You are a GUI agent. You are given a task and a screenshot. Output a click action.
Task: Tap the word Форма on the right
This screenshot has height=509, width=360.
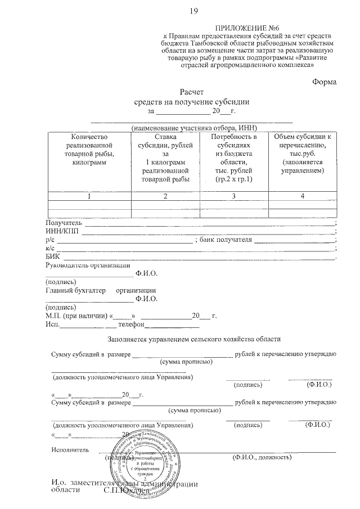point(325,82)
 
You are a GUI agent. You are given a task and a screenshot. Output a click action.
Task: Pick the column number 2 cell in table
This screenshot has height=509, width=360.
point(165,196)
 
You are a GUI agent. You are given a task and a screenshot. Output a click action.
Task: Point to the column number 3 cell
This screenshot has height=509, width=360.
point(234,196)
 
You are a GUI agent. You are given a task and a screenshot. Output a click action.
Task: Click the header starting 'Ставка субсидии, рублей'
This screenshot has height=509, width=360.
point(165,158)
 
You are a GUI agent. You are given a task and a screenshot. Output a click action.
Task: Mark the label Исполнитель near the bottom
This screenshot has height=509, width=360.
point(70,450)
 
